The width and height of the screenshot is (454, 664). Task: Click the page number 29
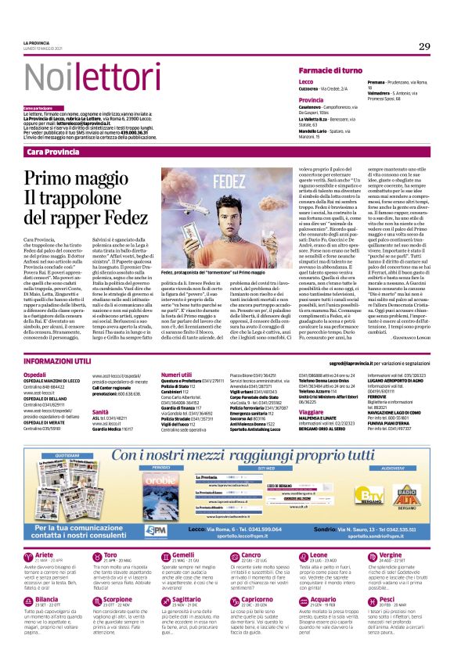point(423,47)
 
